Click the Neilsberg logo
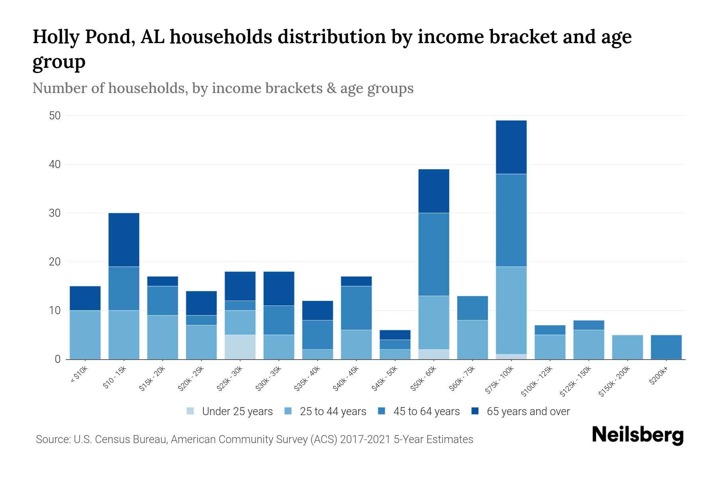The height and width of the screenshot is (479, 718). [x=637, y=435]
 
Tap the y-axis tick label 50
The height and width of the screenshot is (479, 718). [x=55, y=116]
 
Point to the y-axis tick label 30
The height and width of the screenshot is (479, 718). [x=55, y=213]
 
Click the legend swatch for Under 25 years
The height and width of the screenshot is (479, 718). [x=191, y=411]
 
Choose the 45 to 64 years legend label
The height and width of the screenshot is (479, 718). [x=426, y=411]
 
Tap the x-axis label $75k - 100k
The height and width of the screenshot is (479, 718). [x=500, y=381]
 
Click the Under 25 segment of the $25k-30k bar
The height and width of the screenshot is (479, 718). [x=240, y=347]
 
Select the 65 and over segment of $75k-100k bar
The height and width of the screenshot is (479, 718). [x=511, y=147]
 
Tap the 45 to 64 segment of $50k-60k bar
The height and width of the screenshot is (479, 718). [x=434, y=254]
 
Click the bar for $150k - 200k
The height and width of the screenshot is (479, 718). [x=627, y=347]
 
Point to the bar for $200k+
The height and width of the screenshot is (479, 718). [x=666, y=347]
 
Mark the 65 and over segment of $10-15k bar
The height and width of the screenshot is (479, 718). [x=124, y=239]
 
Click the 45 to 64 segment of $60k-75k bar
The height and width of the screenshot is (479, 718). [x=472, y=308]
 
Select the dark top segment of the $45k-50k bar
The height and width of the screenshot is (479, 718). [x=395, y=335]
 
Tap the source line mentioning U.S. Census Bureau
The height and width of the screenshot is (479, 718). [x=254, y=439]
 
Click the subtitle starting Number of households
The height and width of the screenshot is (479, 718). [x=223, y=88]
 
